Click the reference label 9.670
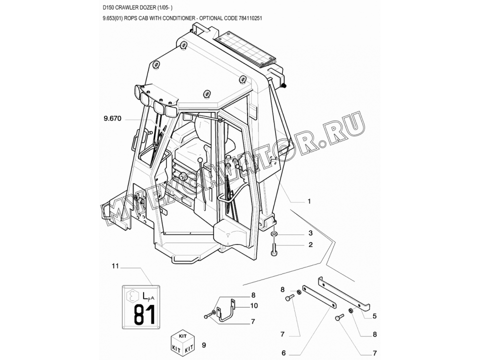(112, 118)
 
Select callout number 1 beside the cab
(309, 201)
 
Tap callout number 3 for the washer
(310, 233)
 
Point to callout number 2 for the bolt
(310, 244)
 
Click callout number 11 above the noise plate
(115, 266)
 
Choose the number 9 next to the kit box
(204, 345)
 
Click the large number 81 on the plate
(144, 314)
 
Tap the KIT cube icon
(182, 341)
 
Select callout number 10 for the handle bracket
(254, 305)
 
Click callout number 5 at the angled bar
(374, 316)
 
